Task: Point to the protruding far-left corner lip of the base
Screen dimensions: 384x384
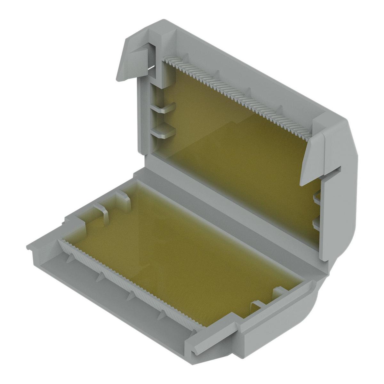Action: tap(32, 248)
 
